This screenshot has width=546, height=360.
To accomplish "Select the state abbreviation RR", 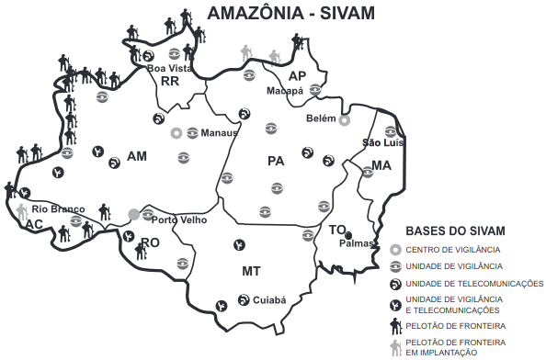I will (x=169, y=82).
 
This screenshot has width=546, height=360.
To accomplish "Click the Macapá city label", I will (x=285, y=92).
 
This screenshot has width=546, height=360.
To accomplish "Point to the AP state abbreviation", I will (x=297, y=75).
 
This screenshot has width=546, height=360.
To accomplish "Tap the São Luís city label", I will (x=383, y=142).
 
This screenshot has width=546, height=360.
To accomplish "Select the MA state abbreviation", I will (x=382, y=166).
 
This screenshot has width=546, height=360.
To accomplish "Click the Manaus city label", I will (x=219, y=132).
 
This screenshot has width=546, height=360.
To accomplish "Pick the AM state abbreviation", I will (x=137, y=156).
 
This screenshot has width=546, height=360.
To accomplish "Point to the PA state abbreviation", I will (x=276, y=161).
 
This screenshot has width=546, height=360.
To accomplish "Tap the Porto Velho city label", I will (x=179, y=220).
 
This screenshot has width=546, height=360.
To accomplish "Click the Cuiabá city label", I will (x=269, y=299).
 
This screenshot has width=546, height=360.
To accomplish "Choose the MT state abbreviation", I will (x=251, y=272).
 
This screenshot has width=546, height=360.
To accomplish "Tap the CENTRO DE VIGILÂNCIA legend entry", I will (x=452, y=250).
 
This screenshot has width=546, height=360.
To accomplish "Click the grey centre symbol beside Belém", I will (x=345, y=120).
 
